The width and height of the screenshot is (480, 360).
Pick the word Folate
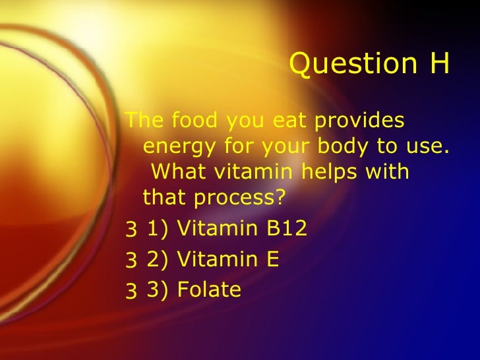pyautogui.click(x=210, y=289)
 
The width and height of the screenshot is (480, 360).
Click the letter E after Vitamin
pyautogui.click(x=272, y=259)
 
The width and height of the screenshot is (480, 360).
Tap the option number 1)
pyautogui.click(x=158, y=229)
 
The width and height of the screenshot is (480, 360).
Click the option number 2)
pyautogui.click(x=158, y=260)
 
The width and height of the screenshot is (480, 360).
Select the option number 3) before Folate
pyautogui.click(x=158, y=290)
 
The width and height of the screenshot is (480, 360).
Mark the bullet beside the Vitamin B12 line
pyautogui.click(x=131, y=230)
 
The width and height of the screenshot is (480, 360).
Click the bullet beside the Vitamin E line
pyautogui.click(x=131, y=260)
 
